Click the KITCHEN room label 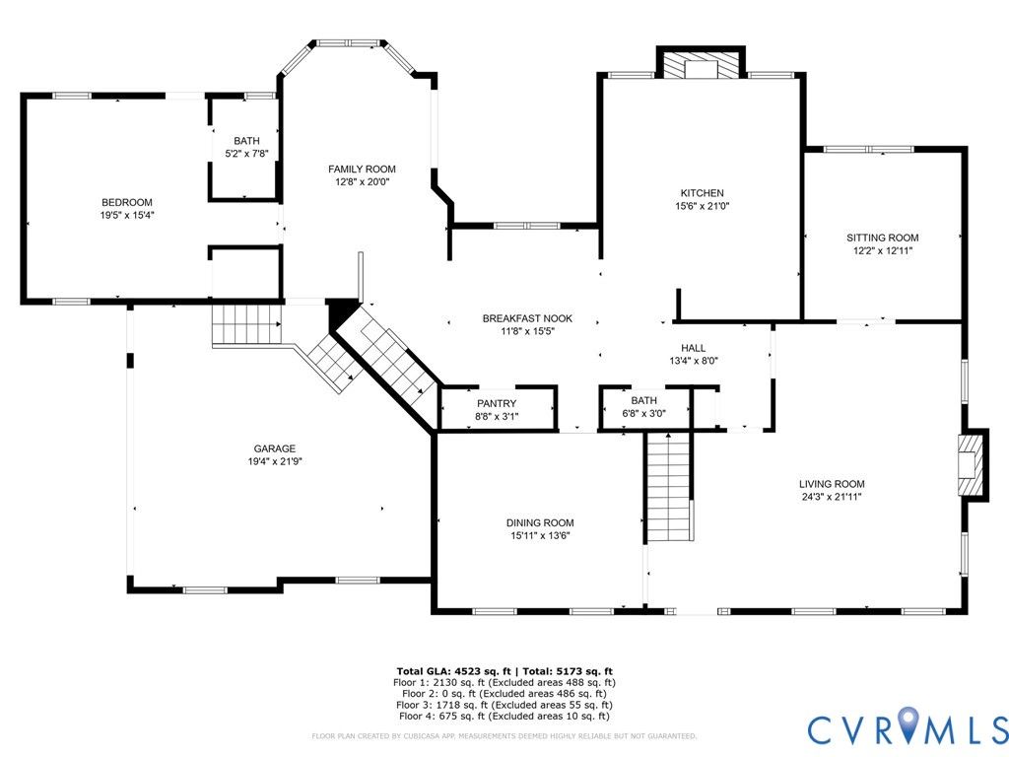(702, 192)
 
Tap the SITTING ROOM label (882, 238)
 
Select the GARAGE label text (275, 448)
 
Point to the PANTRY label (497, 403)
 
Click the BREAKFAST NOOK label (527, 318)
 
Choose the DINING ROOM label (540, 522)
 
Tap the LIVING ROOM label (832, 483)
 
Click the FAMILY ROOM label (362, 169)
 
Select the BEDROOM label (127, 202)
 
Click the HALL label (693, 348)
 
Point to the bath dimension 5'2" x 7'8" (246, 154)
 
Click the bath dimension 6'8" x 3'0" (643, 414)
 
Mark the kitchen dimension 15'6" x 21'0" (702, 206)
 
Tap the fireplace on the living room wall (971, 464)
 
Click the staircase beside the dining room (669, 487)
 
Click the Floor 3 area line (504, 705)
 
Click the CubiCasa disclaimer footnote (504, 735)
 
